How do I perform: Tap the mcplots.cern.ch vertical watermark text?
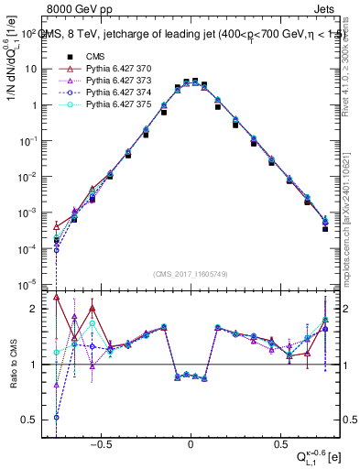pyautogui.click(x=352, y=220)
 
